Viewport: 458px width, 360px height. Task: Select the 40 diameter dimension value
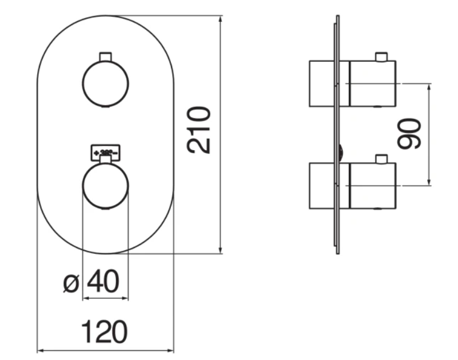pyautogui.click(x=103, y=282)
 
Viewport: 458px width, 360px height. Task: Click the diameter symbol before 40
pyautogui.click(x=71, y=283)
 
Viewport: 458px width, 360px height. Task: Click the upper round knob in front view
pyautogui.click(x=106, y=83)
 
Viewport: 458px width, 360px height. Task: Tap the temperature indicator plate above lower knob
pyautogui.click(x=105, y=153)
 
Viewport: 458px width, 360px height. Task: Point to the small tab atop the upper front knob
pyautogui.click(x=105, y=56)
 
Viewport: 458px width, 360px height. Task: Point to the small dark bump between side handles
pyautogui.click(x=342, y=152)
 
